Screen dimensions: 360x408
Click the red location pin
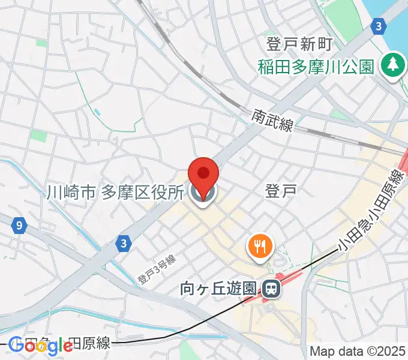tap(203, 173)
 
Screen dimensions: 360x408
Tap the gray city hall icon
tap(203, 193)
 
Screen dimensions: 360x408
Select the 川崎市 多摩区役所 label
tap(115, 193)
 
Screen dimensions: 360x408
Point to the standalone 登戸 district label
tap(280, 191)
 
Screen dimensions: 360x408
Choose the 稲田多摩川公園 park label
tap(316, 65)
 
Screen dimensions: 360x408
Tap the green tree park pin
tap(393, 64)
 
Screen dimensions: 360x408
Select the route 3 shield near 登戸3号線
tap(123, 242)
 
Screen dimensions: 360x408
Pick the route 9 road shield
tap(20, 226)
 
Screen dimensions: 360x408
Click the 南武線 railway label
tap(272, 121)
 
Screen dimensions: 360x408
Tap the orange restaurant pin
tap(259, 245)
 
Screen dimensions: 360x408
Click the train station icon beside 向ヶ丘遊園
tap(272, 290)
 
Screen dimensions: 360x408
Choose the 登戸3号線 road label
tap(155, 269)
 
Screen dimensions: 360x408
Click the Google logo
tap(40, 345)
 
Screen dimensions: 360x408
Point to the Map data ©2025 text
tap(358, 350)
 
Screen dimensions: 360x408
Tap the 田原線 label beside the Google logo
tap(91, 343)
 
